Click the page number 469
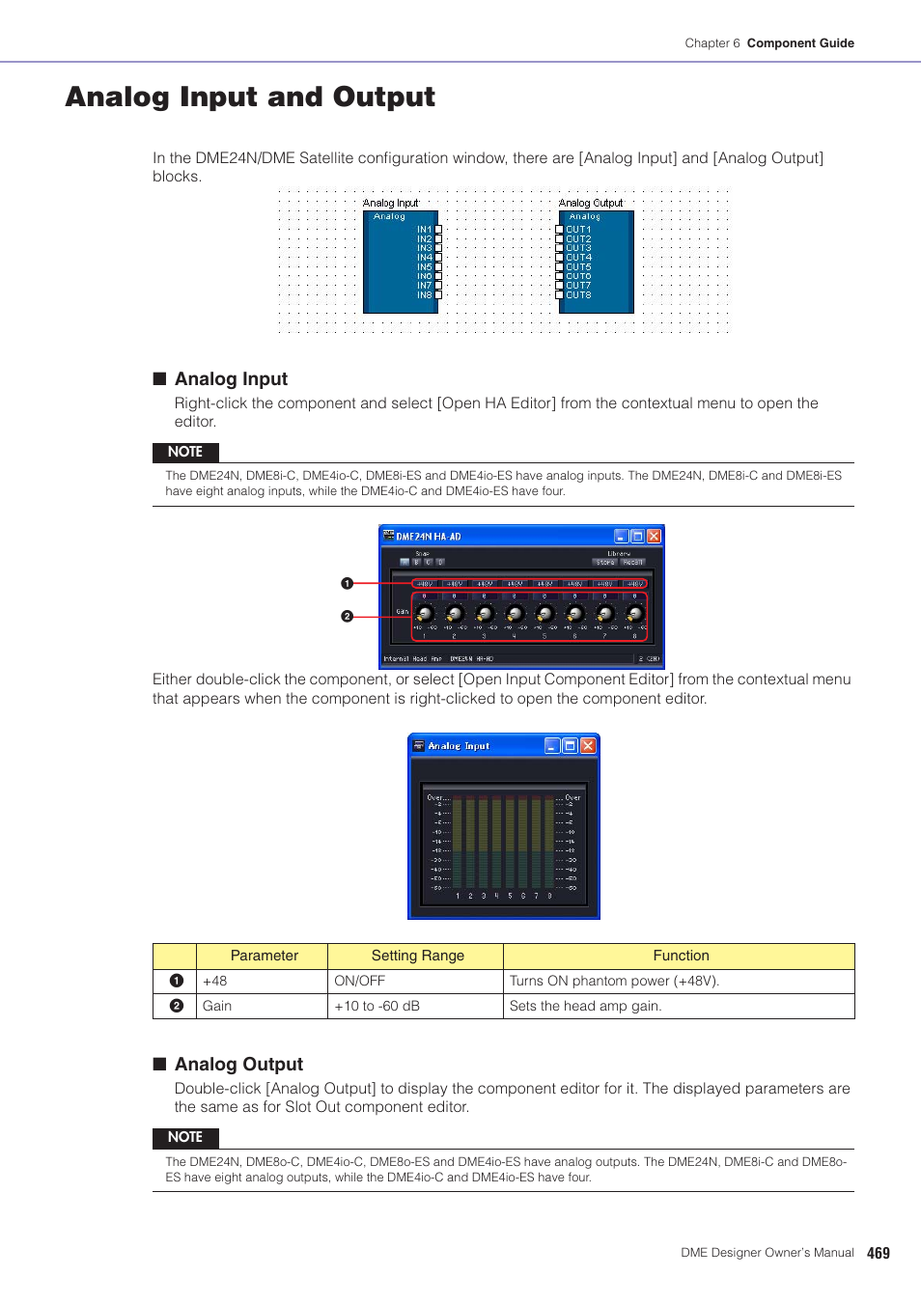[878, 1253]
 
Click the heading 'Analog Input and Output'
[250, 97]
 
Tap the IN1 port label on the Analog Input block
[424, 230]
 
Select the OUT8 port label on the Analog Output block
[578, 295]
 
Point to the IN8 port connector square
[438, 295]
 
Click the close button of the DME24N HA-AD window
[654, 536]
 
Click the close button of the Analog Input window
[588, 745]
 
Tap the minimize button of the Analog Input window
[552, 745]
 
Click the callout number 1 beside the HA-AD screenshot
[347, 583]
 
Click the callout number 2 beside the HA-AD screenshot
[347, 616]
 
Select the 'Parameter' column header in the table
[264, 956]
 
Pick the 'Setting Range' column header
[417, 956]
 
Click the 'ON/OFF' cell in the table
[359, 981]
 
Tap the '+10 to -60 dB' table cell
[377, 1006]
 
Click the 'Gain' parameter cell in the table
[217, 1006]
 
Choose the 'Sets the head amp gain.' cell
[585, 1006]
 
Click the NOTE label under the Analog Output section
[185, 1137]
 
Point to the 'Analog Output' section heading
[238, 1064]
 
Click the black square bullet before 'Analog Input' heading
[160, 378]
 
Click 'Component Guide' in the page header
[800, 43]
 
